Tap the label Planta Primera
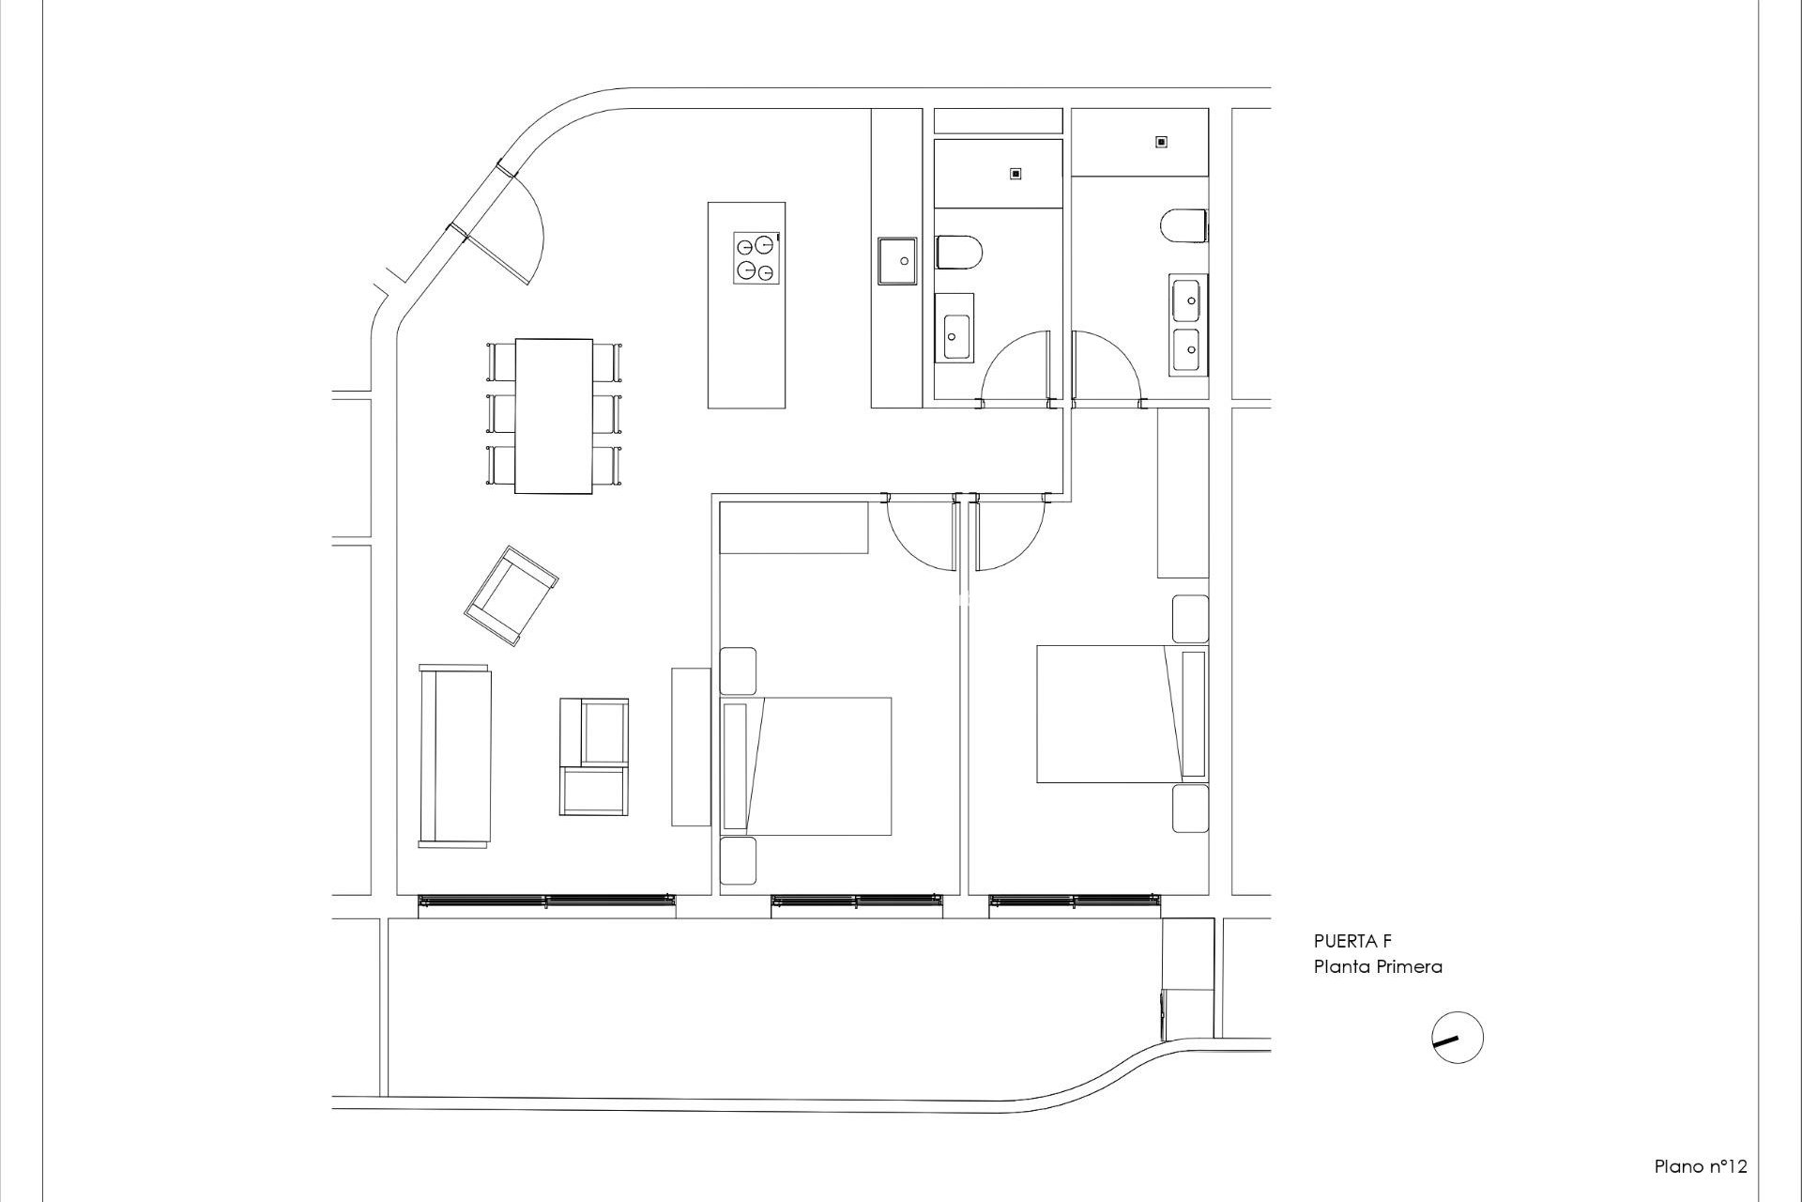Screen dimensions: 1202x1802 tap(1377, 966)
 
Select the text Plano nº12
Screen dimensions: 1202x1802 tap(1700, 1167)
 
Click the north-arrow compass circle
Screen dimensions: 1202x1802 tap(1458, 1038)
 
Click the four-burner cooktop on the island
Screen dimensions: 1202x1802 tap(756, 258)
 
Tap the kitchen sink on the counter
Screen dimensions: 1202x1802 tap(896, 260)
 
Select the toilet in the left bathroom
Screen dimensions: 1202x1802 tap(959, 254)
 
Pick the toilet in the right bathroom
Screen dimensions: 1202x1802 tap(1184, 225)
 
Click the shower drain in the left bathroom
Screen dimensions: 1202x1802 tap(1015, 174)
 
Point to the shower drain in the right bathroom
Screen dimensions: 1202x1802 tap(1161, 142)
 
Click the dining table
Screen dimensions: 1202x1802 tap(554, 416)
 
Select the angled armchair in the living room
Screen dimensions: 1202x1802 tap(511, 595)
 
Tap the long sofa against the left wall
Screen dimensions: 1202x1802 tap(455, 757)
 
